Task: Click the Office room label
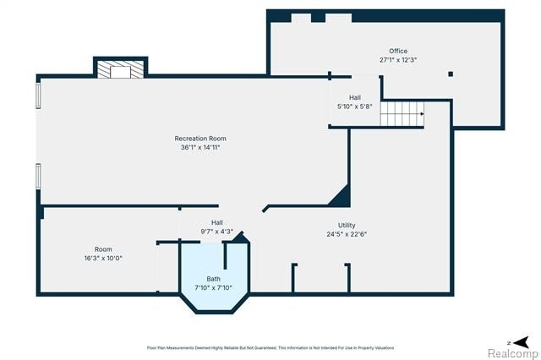pyautogui.click(x=398, y=51)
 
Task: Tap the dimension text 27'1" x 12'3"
pyautogui.click(x=398, y=60)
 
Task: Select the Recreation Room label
pyautogui.click(x=200, y=139)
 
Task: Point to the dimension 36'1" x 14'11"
pyautogui.click(x=200, y=147)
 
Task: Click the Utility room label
pyautogui.click(x=347, y=225)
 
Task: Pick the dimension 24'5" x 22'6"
pyautogui.click(x=347, y=234)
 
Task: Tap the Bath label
pyautogui.click(x=214, y=279)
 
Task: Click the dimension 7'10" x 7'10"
pyautogui.click(x=214, y=287)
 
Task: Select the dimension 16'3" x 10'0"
pyautogui.click(x=103, y=258)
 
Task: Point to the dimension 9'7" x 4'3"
pyautogui.click(x=217, y=232)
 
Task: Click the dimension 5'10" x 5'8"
pyautogui.click(x=355, y=106)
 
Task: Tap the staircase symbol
pyautogui.click(x=402, y=114)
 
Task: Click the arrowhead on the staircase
pyautogui.click(x=423, y=114)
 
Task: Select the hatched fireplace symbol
pyautogui.click(x=120, y=69)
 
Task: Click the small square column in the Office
pyautogui.click(x=451, y=74)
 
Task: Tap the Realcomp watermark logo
pyautogui.click(x=513, y=353)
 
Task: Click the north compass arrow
pyautogui.click(x=521, y=342)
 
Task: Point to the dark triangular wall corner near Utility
pyautogui.click(x=341, y=196)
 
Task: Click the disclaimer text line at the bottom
pyautogui.click(x=270, y=348)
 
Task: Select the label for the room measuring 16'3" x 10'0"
pyautogui.click(x=103, y=249)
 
